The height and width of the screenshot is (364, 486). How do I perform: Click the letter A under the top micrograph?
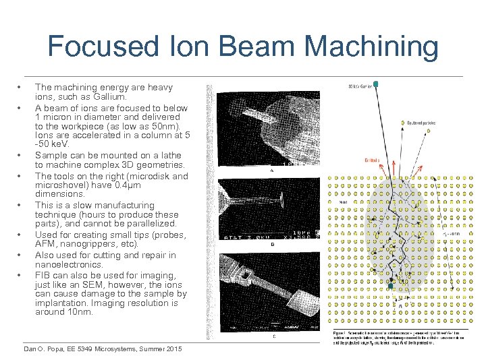pyautogui.click(x=271, y=171)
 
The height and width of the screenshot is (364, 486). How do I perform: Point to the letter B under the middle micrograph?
pyautogui.click(x=271, y=245)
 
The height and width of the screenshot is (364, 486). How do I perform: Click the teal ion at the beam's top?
pyautogui.click(x=376, y=84)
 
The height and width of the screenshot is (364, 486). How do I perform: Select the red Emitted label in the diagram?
pyautogui.click(x=372, y=160)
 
